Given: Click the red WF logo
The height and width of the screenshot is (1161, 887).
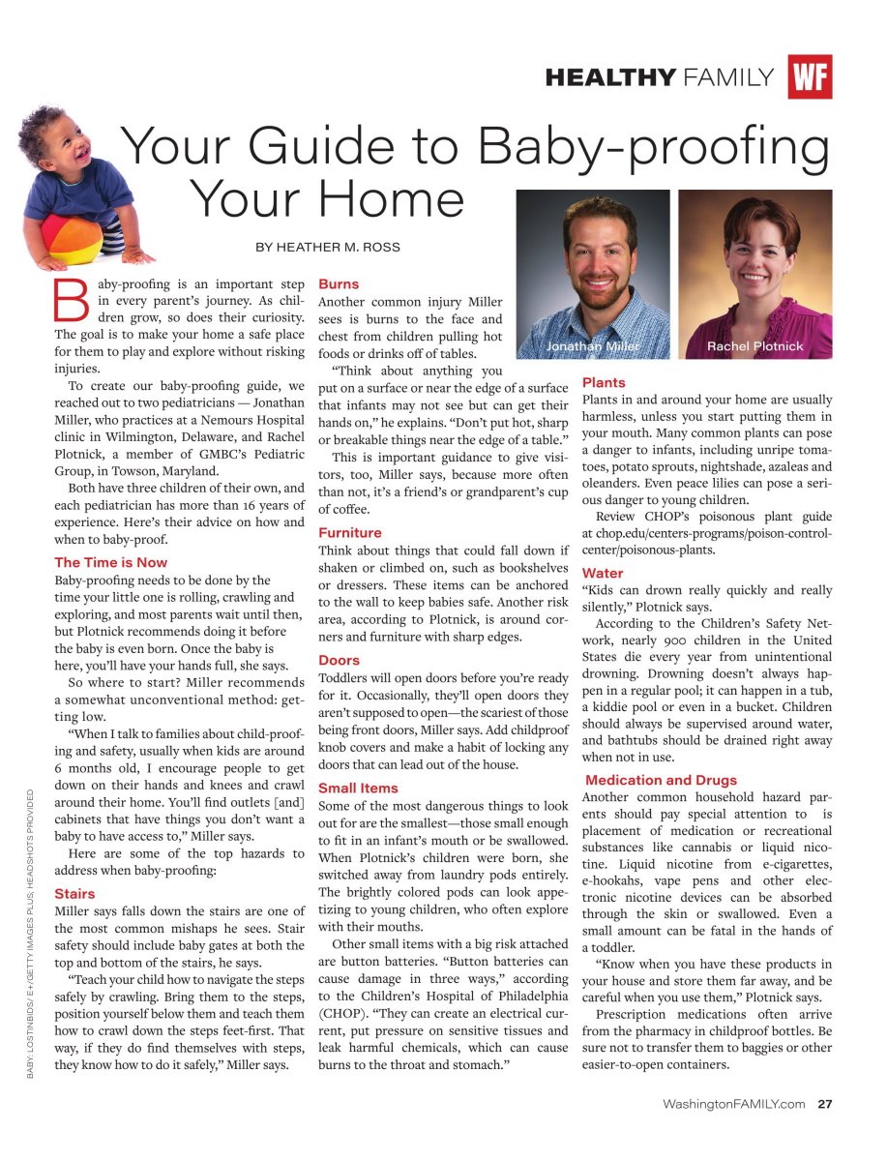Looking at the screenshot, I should coord(810,77).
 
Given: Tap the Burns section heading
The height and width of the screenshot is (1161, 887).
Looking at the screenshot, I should coord(339,284).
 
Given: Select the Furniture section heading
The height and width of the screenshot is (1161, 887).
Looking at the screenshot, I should coord(350,532).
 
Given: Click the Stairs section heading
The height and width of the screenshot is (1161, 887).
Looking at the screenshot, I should coord(74,893).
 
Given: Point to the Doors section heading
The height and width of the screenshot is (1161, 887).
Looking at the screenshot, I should coord(339,660).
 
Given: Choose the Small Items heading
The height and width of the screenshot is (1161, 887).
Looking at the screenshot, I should coord(358,788).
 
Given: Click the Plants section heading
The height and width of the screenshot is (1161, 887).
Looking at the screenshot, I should coord(604,383).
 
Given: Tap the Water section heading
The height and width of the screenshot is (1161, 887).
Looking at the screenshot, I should coord(603,573).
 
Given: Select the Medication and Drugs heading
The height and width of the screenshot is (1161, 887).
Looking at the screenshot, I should coord(661,780).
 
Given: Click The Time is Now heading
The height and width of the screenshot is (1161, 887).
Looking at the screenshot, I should coord(110,562).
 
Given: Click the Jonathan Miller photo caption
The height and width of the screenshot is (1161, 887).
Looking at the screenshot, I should coord(592,346).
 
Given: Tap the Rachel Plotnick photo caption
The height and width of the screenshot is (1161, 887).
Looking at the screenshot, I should coord(754,346).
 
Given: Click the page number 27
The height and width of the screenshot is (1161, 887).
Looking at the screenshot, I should coord(825,1104).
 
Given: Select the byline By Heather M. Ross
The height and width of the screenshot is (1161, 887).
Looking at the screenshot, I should coord(328,247).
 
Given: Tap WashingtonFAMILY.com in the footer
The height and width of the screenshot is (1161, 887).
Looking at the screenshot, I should coord(734,1104).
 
